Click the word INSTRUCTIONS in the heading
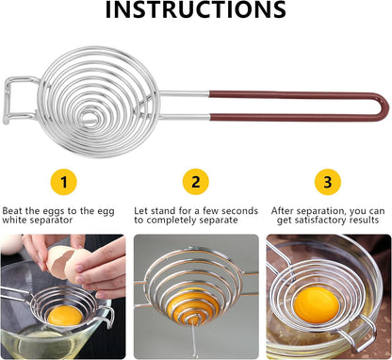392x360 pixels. (x=195, y=9)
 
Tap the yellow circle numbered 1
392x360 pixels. (x=64, y=182)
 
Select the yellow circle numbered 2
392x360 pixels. (x=196, y=182)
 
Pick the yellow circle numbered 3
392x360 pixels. (x=328, y=182)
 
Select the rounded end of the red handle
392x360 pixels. (x=384, y=106)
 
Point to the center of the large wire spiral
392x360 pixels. (x=88, y=117)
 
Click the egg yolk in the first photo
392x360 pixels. (x=65, y=316)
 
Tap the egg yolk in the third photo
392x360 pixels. (x=317, y=304)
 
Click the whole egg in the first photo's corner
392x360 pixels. (x=10, y=243)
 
